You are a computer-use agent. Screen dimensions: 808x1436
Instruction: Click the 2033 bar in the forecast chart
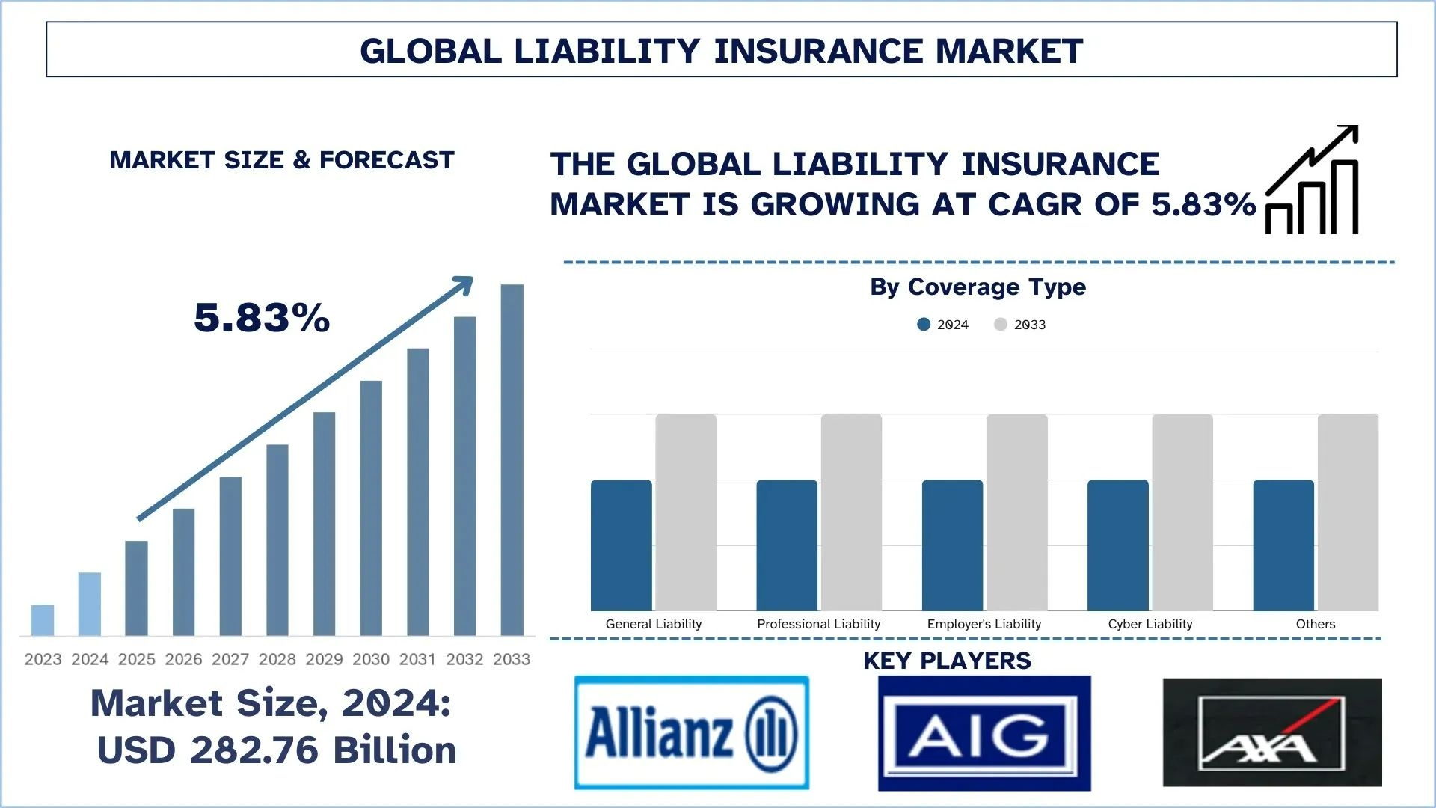click(x=512, y=459)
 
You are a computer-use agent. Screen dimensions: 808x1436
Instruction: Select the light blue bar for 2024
click(x=89, y=604)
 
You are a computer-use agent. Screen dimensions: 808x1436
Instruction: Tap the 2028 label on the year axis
click(x=277, y=659)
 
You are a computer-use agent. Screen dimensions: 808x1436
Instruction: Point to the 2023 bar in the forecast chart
click(x=43, y=620)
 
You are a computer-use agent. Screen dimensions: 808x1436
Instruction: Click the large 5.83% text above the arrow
click(x=262, y=318)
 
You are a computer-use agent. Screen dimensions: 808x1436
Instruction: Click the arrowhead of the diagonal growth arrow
click(x=464, y=284)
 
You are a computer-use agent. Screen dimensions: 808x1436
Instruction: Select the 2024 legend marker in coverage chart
click(x=924, y=325)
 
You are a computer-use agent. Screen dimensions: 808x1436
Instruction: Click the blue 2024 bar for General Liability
click(x=621, y=545)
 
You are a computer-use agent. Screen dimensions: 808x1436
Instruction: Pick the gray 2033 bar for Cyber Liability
click(x=1182, y=512)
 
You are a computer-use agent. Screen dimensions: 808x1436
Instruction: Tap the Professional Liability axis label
click(x=818, y=624)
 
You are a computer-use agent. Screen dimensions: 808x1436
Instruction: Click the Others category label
click(x=1315, y=624)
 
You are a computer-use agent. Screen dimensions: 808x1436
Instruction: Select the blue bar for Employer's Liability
click(x=952, y=545)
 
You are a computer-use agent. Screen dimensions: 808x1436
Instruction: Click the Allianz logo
click(x=691, y=732)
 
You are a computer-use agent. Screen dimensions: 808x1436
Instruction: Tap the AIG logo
click(x=984, y=733)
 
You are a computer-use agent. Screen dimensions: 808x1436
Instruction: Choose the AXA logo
click(x=1272, y=732)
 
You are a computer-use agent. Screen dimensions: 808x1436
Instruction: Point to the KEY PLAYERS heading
click(x=947, y=661)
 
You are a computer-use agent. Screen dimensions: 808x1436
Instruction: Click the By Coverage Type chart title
click(x=978, y=287)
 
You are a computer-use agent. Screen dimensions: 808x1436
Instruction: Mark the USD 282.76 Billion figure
click(x=277, y=750)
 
